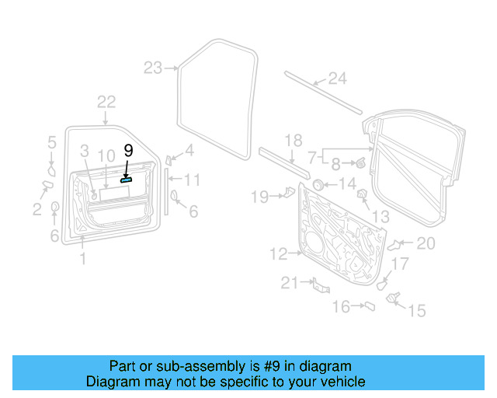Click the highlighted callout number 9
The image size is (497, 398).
pyautogui.click(x=129, y=149)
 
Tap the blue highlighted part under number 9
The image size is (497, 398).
pyautogui.click(x=125, y=178)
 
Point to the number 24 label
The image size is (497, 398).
pyautogui.click(x=336, y=78)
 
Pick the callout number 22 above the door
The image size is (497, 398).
pyautogui.click(x=106, y=102)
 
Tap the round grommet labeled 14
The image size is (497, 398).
pyautogui.click(x=318, y=185)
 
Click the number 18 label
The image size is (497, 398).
pyautogui.click(x=293, y=141)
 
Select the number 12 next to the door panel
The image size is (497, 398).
pyautogui.click(x=279, y=253)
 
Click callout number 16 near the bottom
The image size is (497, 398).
pyautogui.click(x=341, y=307)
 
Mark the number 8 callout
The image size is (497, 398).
pyautogui.click(x=335, y=164)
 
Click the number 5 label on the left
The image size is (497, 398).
pyautogui.click(x=52, y=142)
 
